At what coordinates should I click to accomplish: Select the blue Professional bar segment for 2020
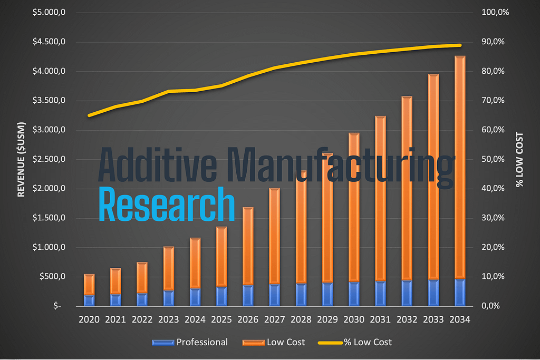[x=89, y=300]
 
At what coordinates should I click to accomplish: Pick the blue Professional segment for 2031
[x=380, y=293]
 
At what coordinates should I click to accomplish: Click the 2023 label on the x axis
[x=168, y=319]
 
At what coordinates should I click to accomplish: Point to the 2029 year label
[x=327, y=319]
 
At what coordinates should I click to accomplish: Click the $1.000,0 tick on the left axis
[x=49, y=247]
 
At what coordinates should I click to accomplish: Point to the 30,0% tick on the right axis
[x=494, y=218]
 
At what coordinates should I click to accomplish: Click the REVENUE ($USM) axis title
[x=21, y=158]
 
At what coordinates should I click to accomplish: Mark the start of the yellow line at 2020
[x=89, y=115]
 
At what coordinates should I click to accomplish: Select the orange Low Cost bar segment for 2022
[x=142, y=277]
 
